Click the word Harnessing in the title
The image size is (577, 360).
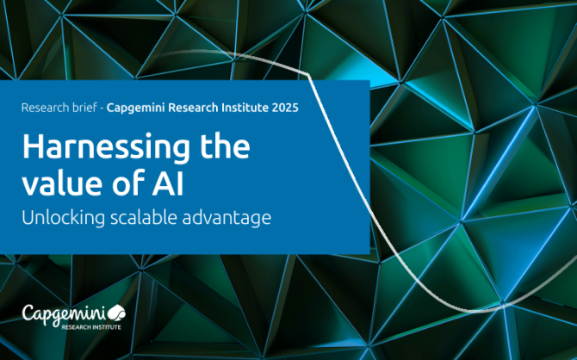tap(106, 148)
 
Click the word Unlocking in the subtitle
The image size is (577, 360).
tap(63, 217)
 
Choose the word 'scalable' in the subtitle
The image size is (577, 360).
tap(145, 217)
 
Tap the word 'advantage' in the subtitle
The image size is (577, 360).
tap(226, 218)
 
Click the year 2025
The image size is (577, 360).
tap(285, 108)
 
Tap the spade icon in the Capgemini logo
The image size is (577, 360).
tap(116, 313)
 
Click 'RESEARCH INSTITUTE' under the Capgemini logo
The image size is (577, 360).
tap(91, 327)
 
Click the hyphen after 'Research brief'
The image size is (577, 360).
tap(102, 109)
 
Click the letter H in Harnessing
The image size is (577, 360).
tap(33, 146)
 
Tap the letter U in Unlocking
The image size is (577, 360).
tap(28, 217)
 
